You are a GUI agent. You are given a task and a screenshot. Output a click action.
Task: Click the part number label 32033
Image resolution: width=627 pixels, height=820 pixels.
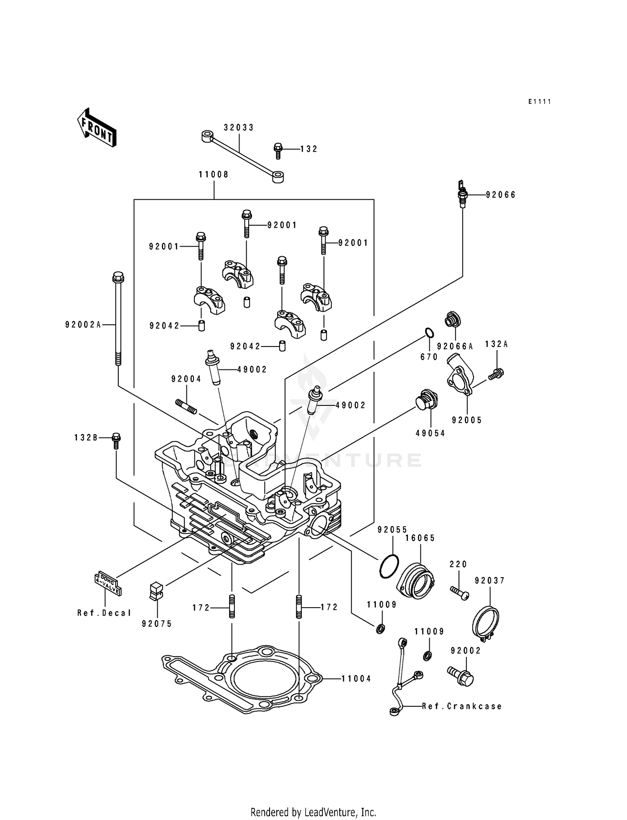click(238, 127)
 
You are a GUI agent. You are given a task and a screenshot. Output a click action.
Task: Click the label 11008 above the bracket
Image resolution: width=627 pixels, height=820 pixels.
click(214, 174)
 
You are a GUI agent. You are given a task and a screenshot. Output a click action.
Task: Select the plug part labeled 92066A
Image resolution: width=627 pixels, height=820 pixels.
click(452, 320)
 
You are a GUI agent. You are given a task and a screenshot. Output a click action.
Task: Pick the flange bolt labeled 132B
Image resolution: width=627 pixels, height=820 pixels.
click(116, 441)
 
